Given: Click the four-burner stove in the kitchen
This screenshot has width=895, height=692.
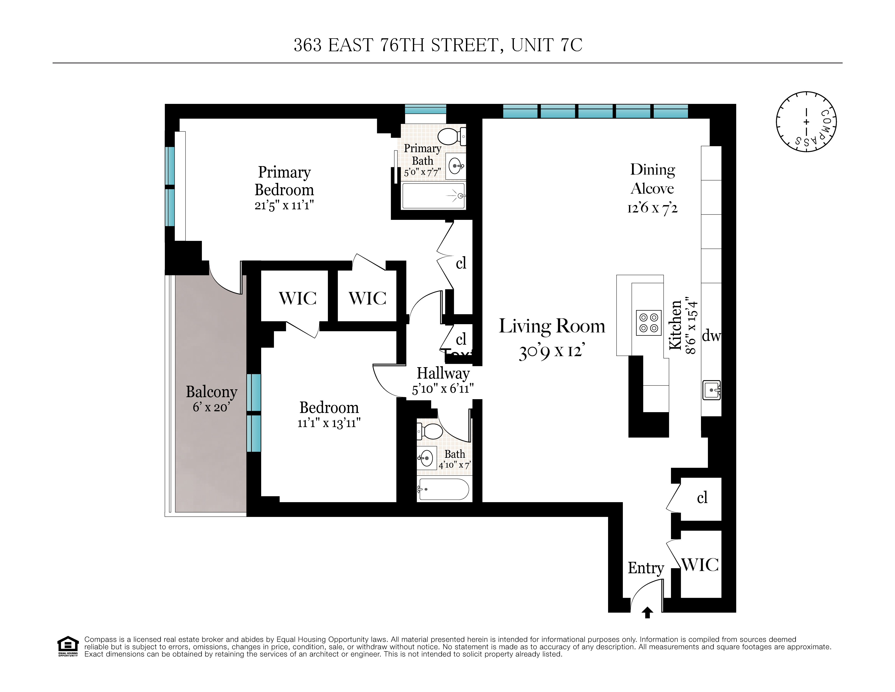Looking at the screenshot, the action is (x=649, y=323).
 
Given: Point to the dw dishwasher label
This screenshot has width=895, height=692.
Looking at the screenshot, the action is (x=711, y=336).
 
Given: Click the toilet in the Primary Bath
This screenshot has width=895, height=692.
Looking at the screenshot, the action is (x=451, y=136).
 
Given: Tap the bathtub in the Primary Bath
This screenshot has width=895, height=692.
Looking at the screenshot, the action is (x=434, y=196).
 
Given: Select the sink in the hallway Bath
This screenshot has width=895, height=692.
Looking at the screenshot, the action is (x=426, y=458).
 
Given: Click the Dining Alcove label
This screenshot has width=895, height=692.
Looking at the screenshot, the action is (x=652, y=179).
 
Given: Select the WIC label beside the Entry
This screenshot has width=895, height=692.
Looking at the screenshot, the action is (x=700, y=565).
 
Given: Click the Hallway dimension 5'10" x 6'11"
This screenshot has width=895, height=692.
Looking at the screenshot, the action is (x=443, y=388).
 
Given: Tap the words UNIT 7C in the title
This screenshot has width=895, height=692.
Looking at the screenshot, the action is (x=546, y=45).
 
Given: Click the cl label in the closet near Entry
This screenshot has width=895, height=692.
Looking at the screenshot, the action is (x=702, y=498).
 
